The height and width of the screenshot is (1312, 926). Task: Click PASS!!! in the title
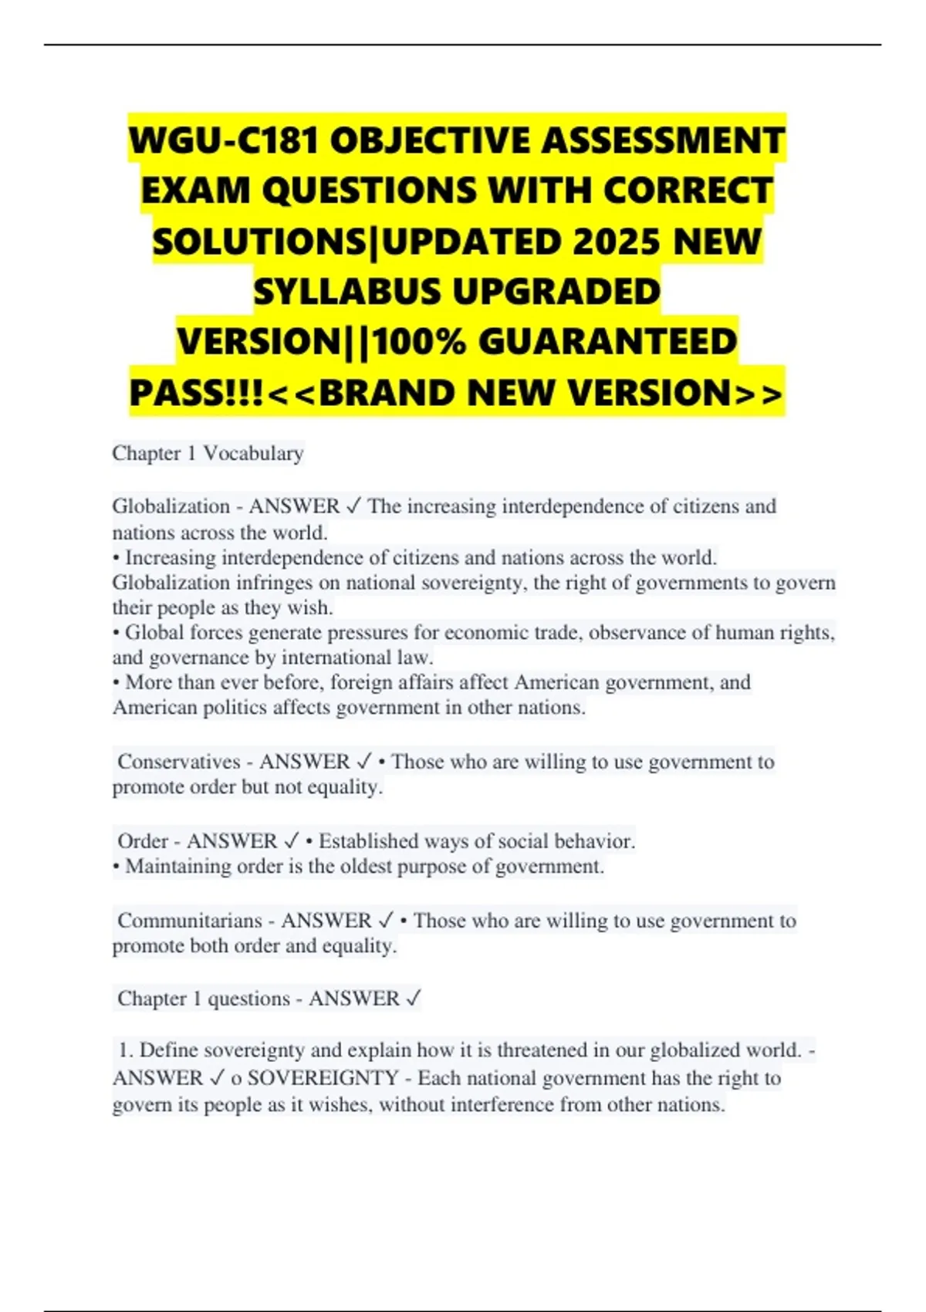(x=198, y=392)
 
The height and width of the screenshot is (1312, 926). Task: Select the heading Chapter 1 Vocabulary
(x=208, y=453)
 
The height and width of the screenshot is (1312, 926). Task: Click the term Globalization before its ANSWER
(x=171, y=506)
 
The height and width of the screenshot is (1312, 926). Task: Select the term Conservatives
(x=178, y=762)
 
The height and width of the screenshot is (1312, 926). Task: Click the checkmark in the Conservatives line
(x=364, y=762)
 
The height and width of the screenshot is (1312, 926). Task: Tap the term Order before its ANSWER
(x=143, y=841)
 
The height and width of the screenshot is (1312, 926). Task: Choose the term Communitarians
(x=190, y=921)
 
